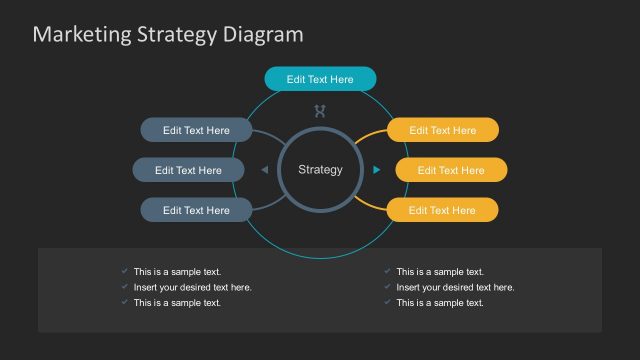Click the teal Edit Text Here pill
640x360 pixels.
click(x=320, y=79)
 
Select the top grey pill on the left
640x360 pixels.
click(x=196, y=130)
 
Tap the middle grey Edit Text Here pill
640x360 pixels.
click(x=188, y=170)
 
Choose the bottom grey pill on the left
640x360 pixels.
click(x=196, y=210)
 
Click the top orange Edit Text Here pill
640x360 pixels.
click(x=443, y=130)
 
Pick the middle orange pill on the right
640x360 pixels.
click(x=451, y=170)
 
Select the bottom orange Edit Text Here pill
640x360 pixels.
click(x=443, y=210)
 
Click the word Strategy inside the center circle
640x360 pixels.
click(x=320, y=170)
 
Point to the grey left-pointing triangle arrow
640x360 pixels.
click(x=264, y=170)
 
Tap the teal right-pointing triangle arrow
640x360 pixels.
click(x=376, y=170)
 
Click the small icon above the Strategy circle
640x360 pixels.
click(x=320, y=111)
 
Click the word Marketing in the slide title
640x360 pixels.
click(x=82, y=35)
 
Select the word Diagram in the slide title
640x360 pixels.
click(x=260, y=35)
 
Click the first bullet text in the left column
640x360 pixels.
click(x=177, y=272)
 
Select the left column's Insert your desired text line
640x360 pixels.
click(x=192, y=287)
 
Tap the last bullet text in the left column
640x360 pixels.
click(x=177, y=302)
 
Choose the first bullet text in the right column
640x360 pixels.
click(x=440, y=272)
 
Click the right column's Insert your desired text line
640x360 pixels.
click(x=455, y=287)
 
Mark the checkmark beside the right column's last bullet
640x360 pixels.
click(x=387, y=302)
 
